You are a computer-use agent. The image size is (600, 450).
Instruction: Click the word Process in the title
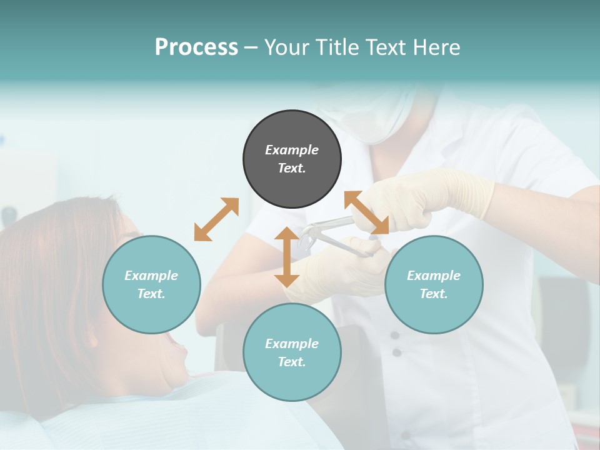[196, 47]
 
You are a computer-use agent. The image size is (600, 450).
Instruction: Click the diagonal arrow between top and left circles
[216, 219]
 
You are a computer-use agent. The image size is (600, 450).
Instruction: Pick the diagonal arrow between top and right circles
[366, 212]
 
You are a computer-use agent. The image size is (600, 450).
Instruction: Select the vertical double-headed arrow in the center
[287, 257]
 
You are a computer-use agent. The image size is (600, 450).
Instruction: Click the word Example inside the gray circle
[292, 150]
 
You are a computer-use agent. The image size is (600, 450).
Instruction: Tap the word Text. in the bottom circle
[292, 362]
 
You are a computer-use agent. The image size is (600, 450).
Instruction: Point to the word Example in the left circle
[151, 276]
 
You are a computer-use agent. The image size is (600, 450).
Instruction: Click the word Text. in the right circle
[434, 294]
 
